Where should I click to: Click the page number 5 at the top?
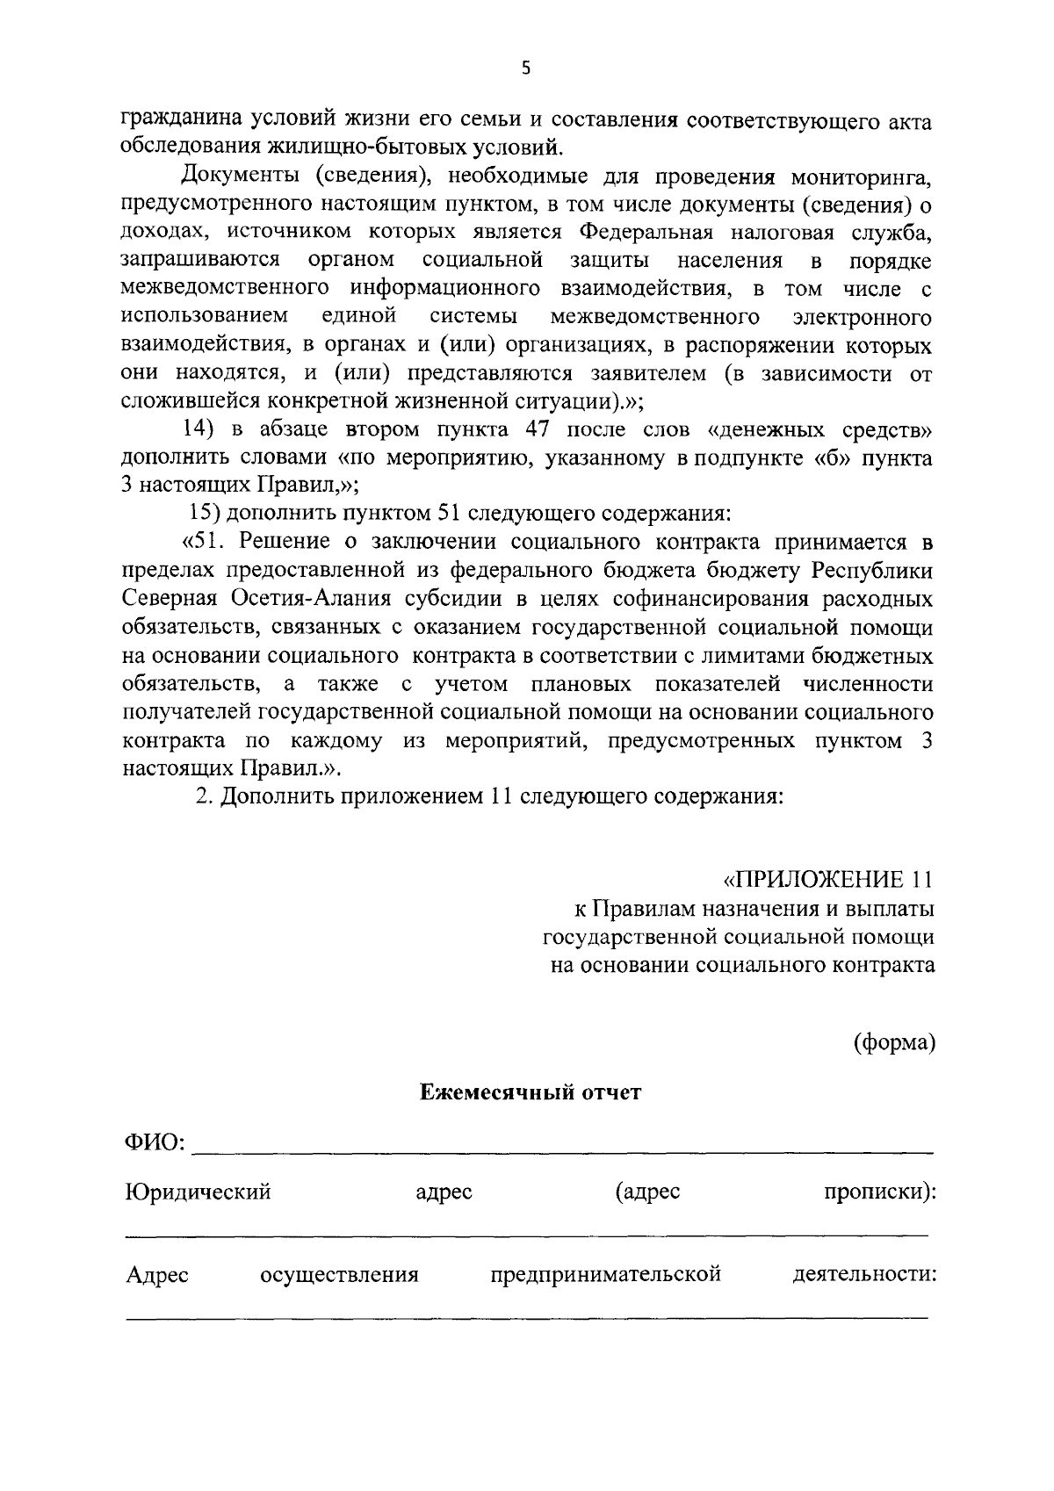click(x=526, y=69)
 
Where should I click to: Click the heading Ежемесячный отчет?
click(x=530, y=1092)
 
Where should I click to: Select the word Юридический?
click(x=198, y=1192)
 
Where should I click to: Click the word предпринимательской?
click(x=606, y=1274)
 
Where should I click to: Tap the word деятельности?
click(x=863, y=1274)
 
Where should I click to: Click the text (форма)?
click(x=894, y=1042)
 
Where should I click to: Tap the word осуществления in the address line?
click(x=339, y=1274)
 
